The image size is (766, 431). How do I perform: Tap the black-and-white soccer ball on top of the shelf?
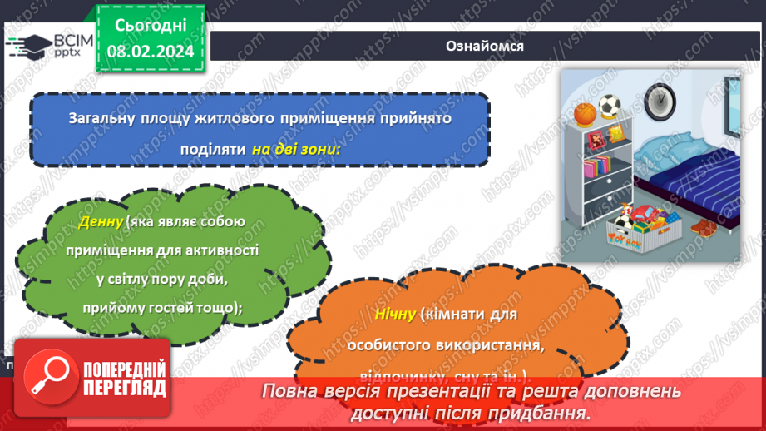(610, 106)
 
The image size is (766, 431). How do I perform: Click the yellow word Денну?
(100, 222)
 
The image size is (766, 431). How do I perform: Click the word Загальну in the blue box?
(103, 118)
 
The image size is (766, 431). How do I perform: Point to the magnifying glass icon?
(49, 376)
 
